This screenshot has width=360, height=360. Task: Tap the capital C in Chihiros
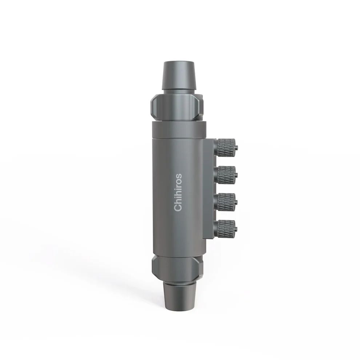pyautogui.click(x=178, y=208)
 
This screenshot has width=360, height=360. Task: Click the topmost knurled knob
pyautogui.click(x=225, y=147)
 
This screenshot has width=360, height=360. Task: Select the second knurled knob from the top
pyautogui.click(x=225, y=174)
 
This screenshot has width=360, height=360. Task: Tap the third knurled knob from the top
pyautogui.click(x=225, y=201)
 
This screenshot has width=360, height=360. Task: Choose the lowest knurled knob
pyautogui.click(x=225, y=228)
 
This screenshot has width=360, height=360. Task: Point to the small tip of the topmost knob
pyautogui.click(x=236, y=148)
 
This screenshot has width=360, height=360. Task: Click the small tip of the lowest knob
pyautogui.click(x=236, y=228)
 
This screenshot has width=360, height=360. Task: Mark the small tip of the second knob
pyautogui.click(x=236, y=175)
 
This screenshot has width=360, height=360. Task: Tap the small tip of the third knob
pyautogui.click(x=236, y=201)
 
